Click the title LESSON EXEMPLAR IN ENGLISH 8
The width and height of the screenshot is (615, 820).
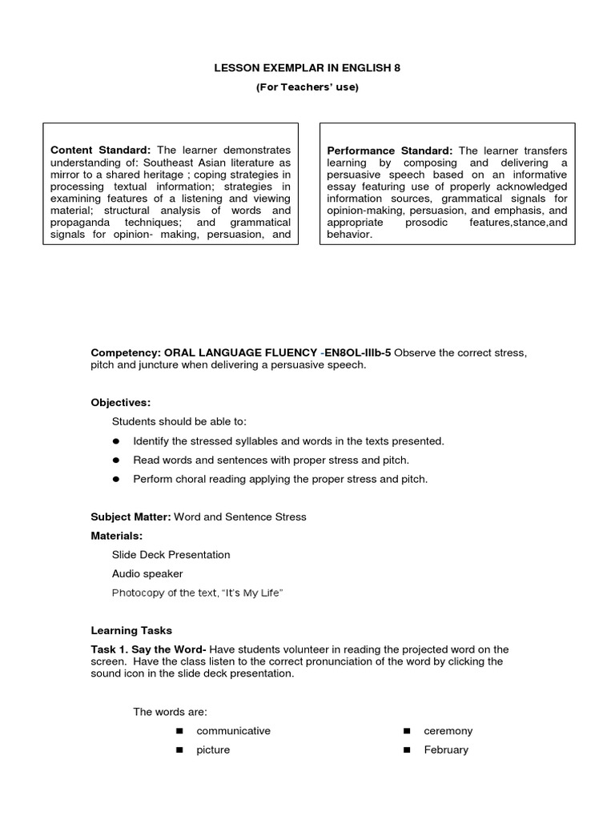coord(307,68)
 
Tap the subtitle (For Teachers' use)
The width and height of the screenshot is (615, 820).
coord(307,87)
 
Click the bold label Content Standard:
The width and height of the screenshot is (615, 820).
coord(100,150)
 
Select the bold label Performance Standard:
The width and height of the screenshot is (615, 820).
coord(390,151)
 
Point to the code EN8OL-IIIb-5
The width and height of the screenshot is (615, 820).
coord(358,353)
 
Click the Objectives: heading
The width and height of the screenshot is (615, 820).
coord(120,403)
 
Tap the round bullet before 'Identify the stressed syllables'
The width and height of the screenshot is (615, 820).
coord(116,441)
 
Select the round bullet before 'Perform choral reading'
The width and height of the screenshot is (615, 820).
coord(116,480)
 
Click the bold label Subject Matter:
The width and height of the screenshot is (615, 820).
coord(131,517)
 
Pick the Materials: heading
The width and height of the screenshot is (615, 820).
coord(117,536)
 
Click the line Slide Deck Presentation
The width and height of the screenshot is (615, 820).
coord(171,555)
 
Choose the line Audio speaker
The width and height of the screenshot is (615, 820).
coord(147,574)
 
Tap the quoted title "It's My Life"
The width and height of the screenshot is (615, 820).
coord(255,593)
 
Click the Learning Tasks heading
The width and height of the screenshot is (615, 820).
coord(131,631)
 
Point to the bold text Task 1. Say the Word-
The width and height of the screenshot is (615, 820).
coord(149,649)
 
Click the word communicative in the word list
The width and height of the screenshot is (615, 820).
coord(233,731)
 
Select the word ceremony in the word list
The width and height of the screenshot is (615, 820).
coord(448,731)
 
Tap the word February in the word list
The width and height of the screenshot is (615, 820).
coord(446,750)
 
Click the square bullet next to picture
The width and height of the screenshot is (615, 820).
coord(179,750)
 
